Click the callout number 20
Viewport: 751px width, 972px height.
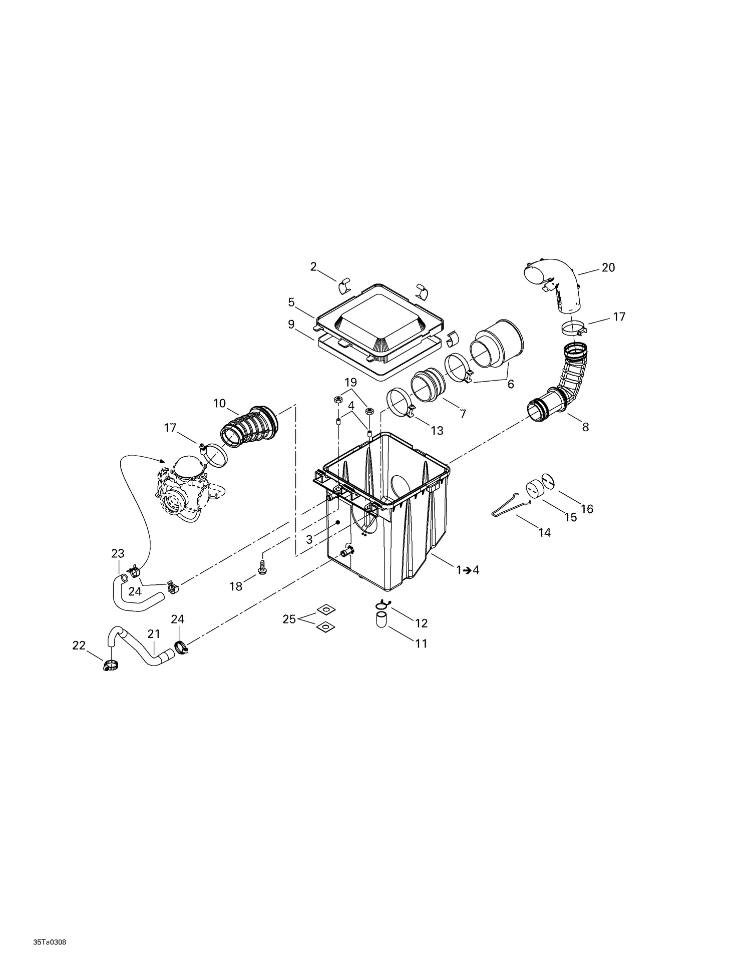click(x=608, y=267)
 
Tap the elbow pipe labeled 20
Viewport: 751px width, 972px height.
click(x=556, y=285)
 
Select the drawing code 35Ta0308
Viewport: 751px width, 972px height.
click(x=50, y=913)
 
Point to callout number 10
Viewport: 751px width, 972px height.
click(x=219, y=403)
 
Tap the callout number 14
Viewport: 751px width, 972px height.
click(x=544, y=533)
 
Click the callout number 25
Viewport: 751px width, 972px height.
click(x=289, y=619)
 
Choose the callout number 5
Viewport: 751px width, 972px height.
click(x=291, y=302)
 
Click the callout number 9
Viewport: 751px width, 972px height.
click(x=291, y=325)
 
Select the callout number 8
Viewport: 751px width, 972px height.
click(x=585, y=427)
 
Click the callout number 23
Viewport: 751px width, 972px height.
click(x=118, y=553)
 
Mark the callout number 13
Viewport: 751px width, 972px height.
click(x=437, y=430)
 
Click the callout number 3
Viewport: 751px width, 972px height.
click(x=309, y=539)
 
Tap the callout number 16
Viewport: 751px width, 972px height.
click(x=587, y=509)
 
